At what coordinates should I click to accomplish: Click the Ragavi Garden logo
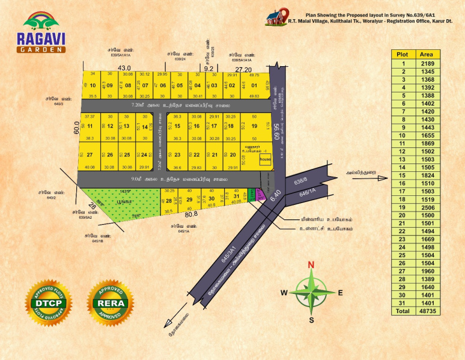42,33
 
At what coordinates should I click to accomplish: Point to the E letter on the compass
340,293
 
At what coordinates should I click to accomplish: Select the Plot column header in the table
401,54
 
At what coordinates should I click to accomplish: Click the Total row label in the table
401,311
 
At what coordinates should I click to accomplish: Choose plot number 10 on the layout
93,85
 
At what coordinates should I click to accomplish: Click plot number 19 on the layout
254,126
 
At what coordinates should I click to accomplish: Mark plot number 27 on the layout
89,155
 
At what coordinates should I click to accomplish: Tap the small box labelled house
264,160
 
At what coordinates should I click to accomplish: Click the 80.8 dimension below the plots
191,214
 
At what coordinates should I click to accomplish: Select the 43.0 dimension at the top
124,68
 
